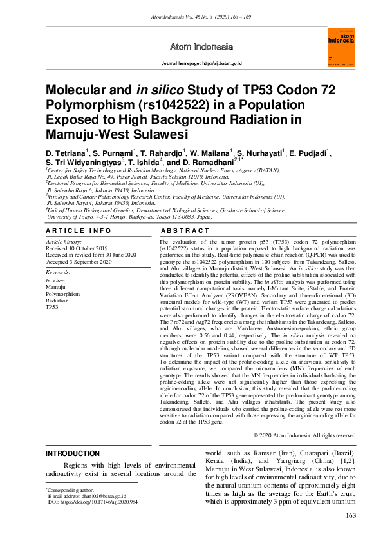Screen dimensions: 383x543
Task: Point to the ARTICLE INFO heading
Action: (74, 230)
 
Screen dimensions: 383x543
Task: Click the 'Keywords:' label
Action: (58, 273)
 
